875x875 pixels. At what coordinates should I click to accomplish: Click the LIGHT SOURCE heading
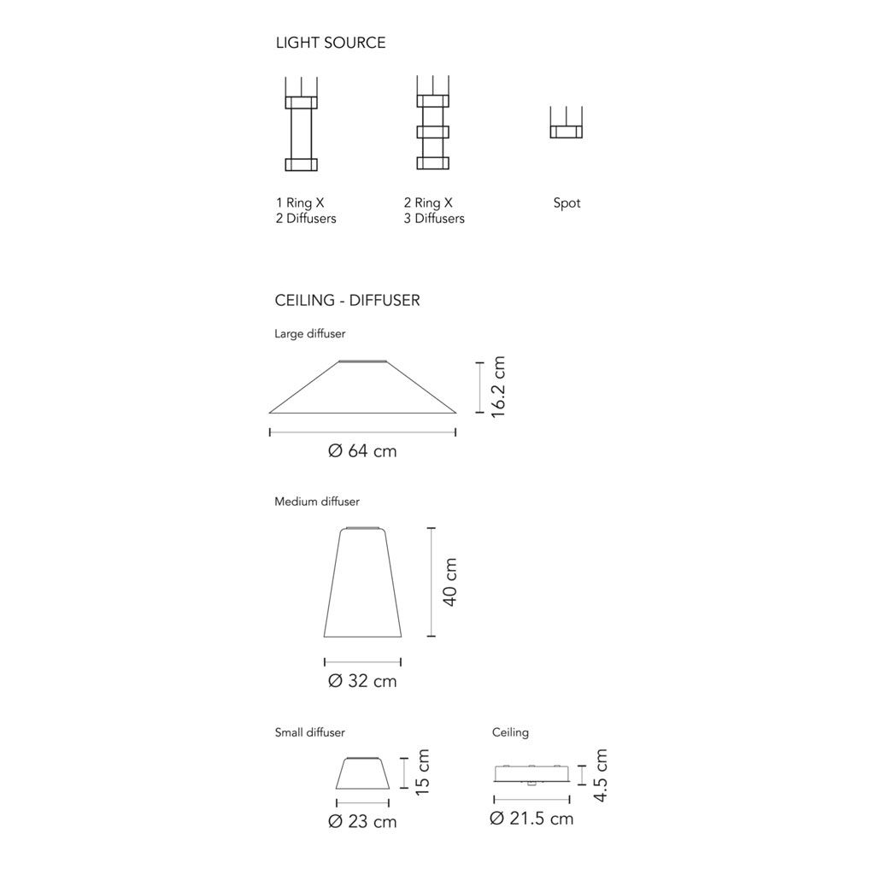point(331,43)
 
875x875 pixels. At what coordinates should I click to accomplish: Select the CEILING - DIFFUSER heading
point(347,300)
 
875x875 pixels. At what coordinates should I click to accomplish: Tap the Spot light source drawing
point(566,122)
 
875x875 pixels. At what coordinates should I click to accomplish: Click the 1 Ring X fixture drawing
point(302,124)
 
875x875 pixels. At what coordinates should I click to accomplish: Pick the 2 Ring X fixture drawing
point(433,123)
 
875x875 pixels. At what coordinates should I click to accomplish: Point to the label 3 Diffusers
point(434,218)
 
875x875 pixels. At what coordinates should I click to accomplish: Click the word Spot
point(567,203)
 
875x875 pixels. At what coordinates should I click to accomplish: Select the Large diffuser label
point(309,334)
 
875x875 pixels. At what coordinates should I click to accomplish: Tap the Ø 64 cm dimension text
point(362,451)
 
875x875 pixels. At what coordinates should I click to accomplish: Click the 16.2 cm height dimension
point(498,387)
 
